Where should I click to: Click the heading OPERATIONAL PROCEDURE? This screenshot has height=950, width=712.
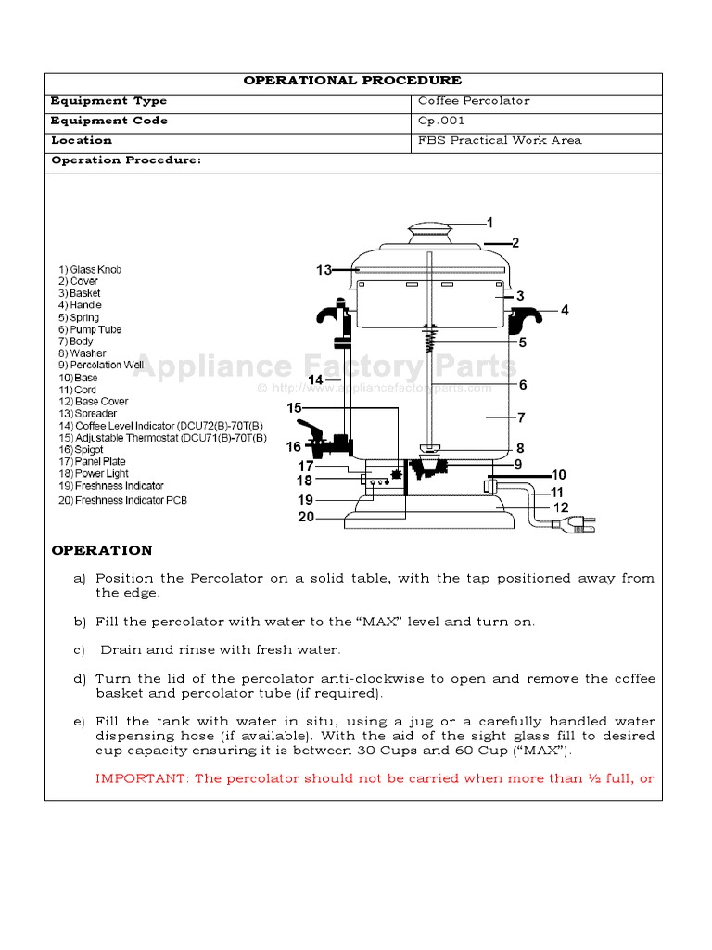point(352,81)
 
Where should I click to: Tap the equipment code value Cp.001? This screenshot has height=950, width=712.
point(441,121)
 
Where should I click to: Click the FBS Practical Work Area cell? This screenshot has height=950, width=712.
point(501,140)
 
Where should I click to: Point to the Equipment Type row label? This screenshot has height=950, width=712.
point(108,101)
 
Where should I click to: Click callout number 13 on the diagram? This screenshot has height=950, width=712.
point(324,270)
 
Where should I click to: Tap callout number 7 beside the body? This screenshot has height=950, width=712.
point(521,417)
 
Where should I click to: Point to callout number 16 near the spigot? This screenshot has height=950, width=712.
point(293,447)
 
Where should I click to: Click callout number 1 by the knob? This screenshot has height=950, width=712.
point(489,223)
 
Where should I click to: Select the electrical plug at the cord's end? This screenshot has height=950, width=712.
point(576,525)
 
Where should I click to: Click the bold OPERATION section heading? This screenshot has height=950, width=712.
point(102,550)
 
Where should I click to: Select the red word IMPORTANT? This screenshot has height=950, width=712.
point(142,778)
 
